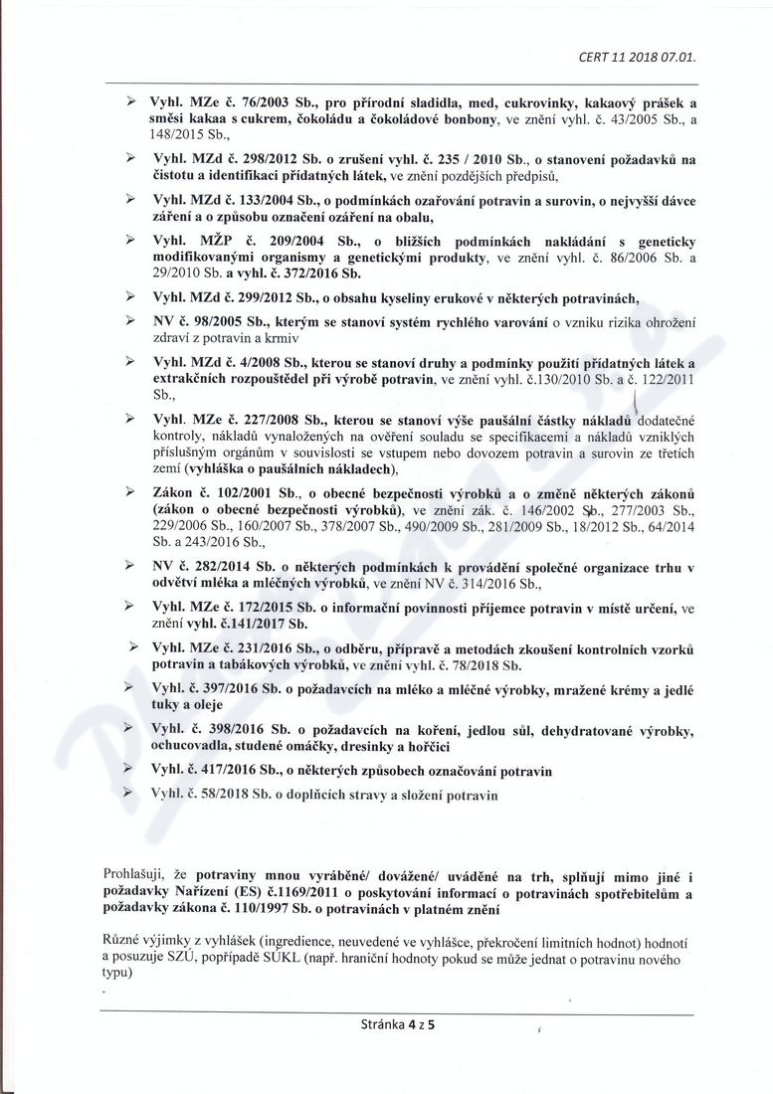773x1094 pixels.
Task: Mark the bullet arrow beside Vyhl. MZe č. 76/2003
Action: pyautogui.click(x=130, y=103)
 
